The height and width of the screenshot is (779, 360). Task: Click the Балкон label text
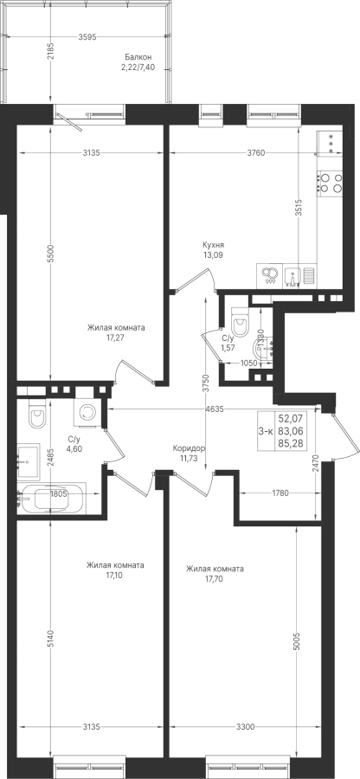coord(138,58)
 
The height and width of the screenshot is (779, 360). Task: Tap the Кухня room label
coord(213,245)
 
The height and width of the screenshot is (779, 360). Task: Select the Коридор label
coord(189,448)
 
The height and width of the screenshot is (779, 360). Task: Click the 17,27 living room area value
coord(116,338)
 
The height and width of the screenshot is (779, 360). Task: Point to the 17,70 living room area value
coord(215,579)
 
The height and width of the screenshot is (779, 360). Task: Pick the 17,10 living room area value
coord(114,576)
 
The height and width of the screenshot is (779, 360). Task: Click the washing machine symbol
coord(88,413)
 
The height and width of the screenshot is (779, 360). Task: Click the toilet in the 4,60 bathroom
coord(37,414)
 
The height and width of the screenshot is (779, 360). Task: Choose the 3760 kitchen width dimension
coord(257,153)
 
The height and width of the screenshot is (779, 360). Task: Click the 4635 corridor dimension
coord(215,409)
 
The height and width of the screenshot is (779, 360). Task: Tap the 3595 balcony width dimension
coord(87,36)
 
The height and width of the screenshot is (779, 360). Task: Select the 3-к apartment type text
coord(266,431)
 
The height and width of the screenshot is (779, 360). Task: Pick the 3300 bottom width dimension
coord(245,727)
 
